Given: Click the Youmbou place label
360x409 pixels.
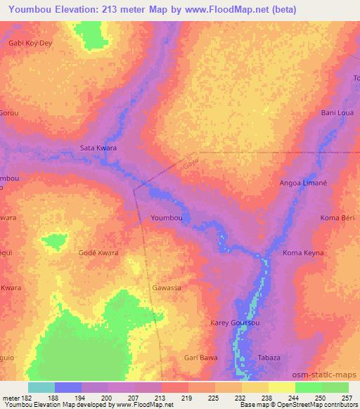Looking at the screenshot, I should click(x=167, y=219).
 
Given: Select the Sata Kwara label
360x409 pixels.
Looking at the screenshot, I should click(x=98, y=148).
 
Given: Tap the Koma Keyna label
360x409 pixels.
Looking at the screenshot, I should click(x=303, y=252).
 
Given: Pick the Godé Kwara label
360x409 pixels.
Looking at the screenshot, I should click(x=98, y=252).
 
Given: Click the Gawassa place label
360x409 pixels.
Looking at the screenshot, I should click(x=167, y=288).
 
